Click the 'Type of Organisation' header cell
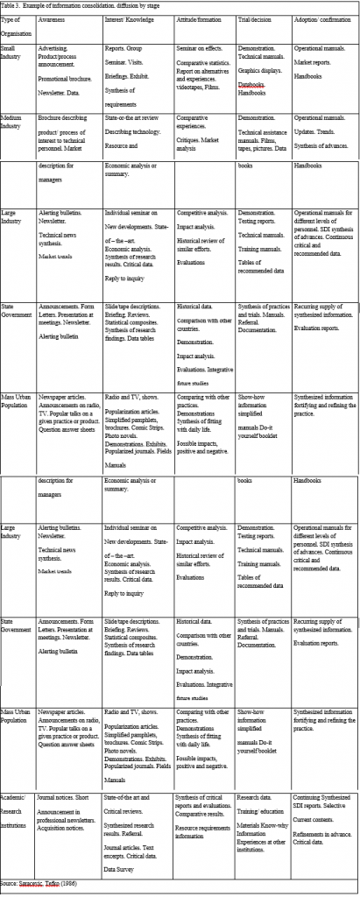point(17,25)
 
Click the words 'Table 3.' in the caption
point(12,6)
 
